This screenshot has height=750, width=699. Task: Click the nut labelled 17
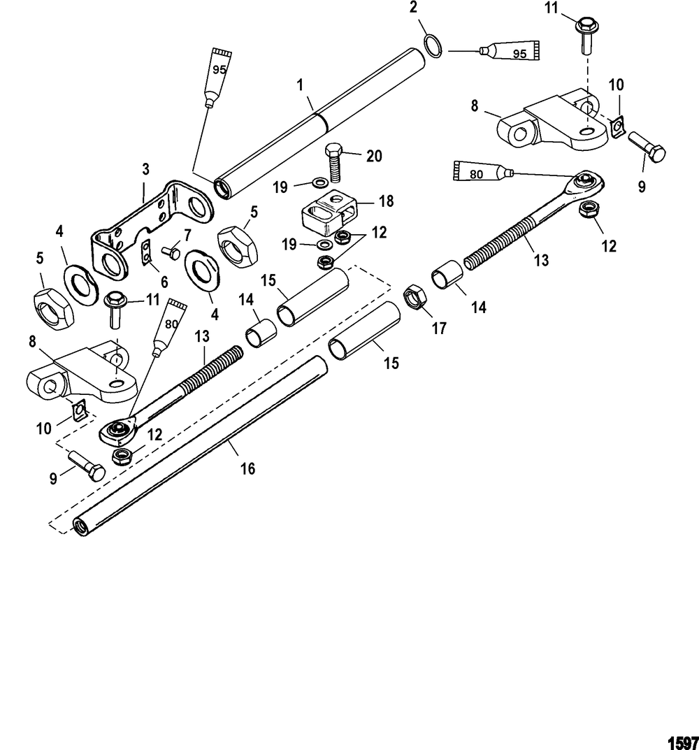tap(414, 298)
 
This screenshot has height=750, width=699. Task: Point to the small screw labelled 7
tap(170, 249)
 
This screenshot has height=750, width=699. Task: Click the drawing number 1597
tap(682, 740)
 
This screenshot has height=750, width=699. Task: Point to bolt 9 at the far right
tap(647, 147)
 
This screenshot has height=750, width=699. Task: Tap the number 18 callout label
tap(384, 201)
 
